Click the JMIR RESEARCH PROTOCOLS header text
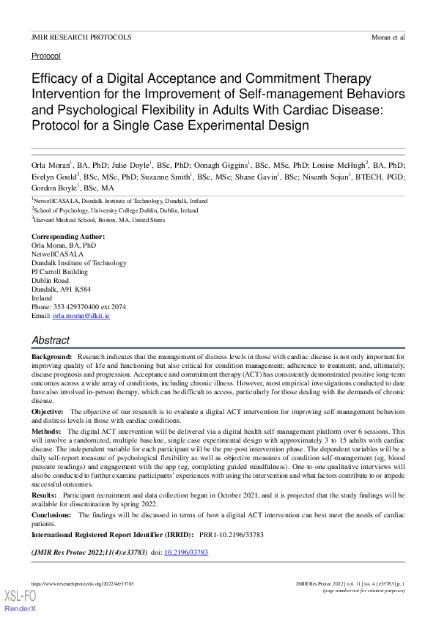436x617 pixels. click(x=81, y=37)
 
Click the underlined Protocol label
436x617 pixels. click(x=46, y=56)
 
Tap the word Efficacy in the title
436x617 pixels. click(x=55, y=79)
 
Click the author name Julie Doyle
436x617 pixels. click(x=131, y=166)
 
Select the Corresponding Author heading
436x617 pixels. click(x=68, y=237)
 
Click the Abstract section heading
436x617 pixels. click(x=51, y=340)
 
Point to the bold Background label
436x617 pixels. click(x=51, y=355)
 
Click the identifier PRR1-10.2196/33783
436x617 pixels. click(x=238, y=535)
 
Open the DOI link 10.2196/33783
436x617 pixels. click(x=186, y=552)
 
